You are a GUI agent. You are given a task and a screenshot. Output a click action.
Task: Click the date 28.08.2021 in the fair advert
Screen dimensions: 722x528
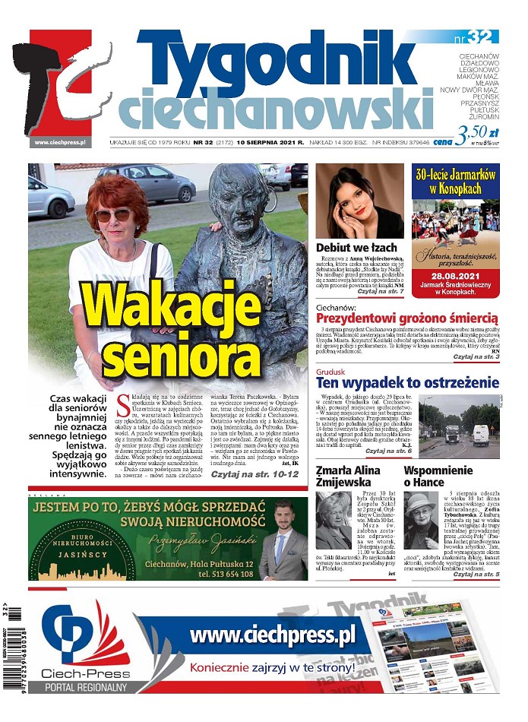pos(454,275)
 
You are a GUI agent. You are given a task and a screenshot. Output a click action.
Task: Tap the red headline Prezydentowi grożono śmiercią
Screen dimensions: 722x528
pos(406,318)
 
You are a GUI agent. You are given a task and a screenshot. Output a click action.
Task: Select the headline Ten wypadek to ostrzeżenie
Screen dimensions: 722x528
pos(407,382)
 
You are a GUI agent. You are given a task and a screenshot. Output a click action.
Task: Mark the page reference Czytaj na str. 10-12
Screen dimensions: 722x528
pos(255,474)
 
